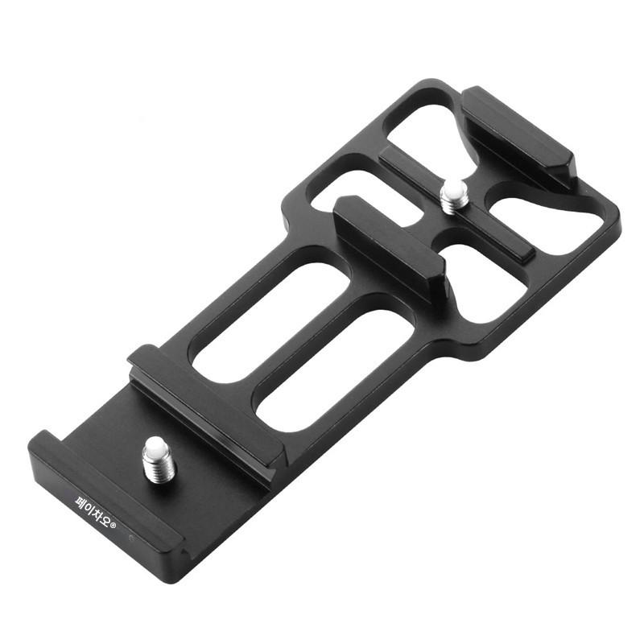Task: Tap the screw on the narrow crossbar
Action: point(454,197)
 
